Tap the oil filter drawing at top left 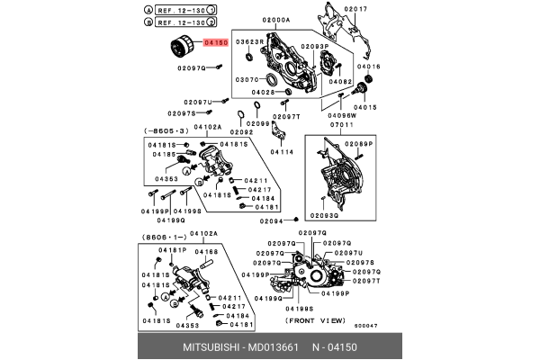point(181,49)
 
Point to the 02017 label point(357,8)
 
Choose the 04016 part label point(370,67)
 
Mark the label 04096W point(366,115)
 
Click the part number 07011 point(364,123)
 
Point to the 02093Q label point(325,216)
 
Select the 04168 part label point(207,252)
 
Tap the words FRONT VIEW point(315,319)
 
